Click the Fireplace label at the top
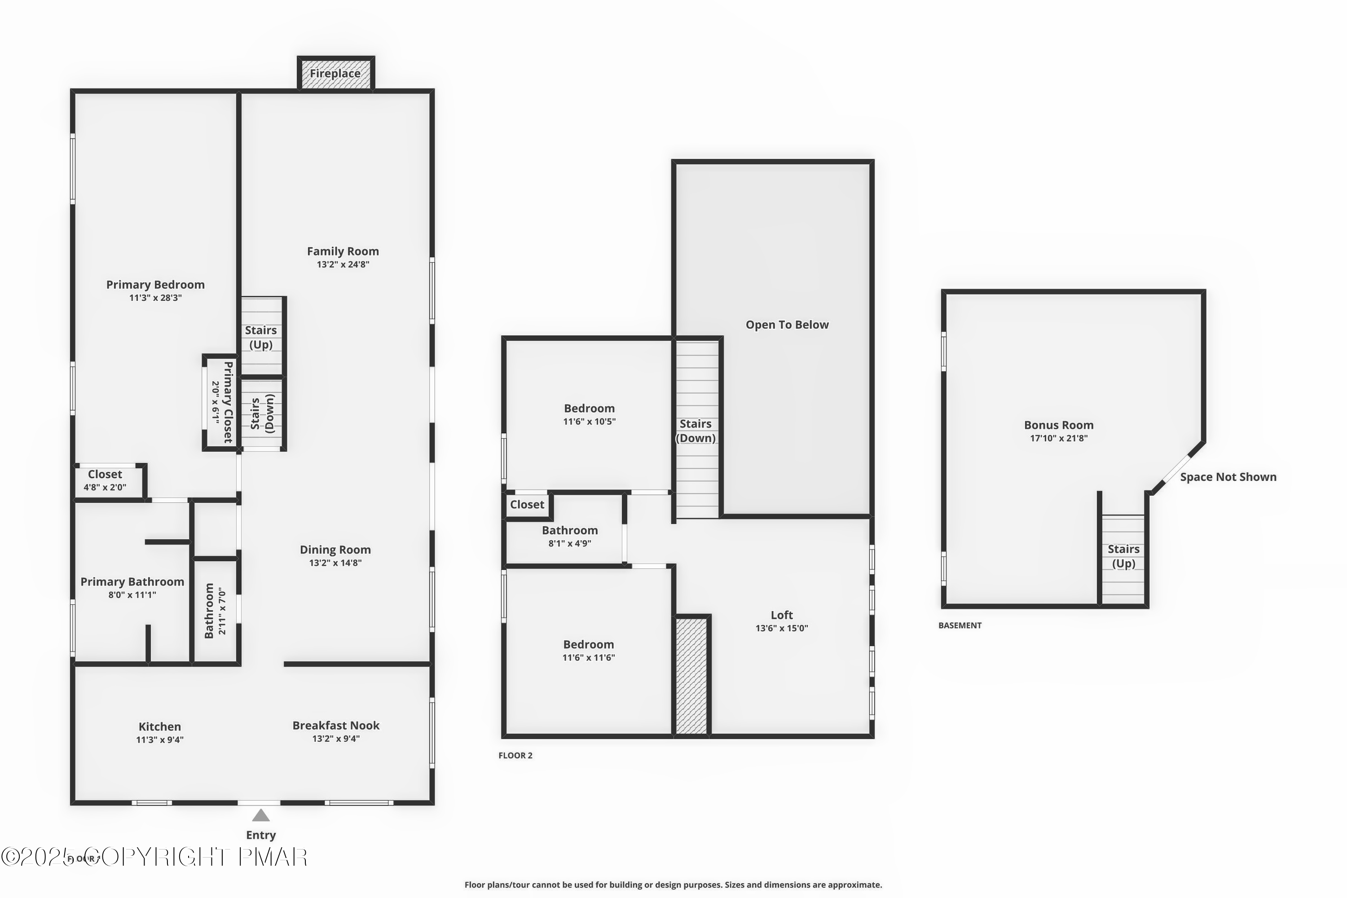(335, 73)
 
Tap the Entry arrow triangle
(260, 815)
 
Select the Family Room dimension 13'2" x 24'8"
(343, 264)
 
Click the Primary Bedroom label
(155, 285)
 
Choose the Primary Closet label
(228, 402)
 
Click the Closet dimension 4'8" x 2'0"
(105, 487)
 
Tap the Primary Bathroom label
(132, 582)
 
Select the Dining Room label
(335, 550)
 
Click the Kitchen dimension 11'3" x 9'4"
(159, 740)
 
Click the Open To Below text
(787, 325)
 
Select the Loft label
(781, 615)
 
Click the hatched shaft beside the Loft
(691, 676)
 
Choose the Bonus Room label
(1058, 425)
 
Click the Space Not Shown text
(1228, 477)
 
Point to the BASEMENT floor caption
(960, 625)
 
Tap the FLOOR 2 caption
(515, 755)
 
